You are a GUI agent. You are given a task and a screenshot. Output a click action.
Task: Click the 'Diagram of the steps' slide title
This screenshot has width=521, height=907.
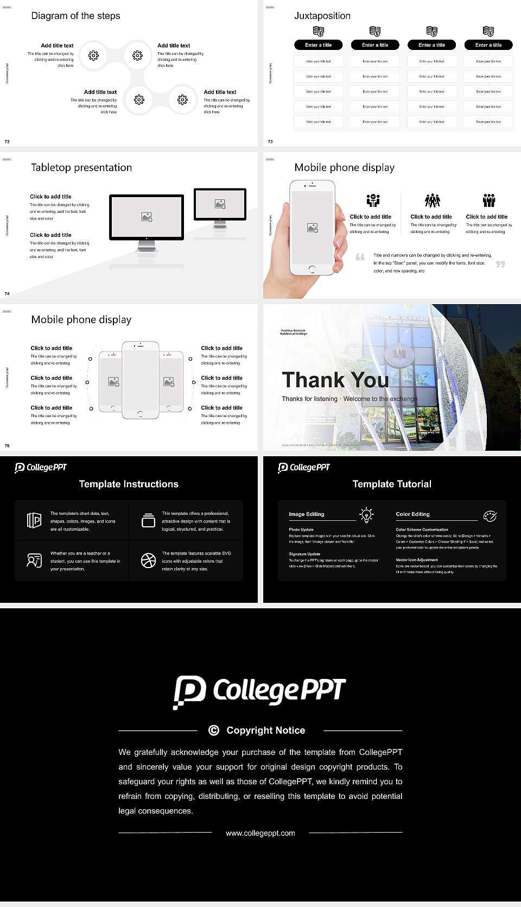(x=75, y=16)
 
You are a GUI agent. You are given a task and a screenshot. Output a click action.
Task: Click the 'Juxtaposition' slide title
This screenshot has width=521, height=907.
(x=322, y=16)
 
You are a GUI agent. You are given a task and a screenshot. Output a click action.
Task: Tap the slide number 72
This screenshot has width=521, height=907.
(x=7, y=141)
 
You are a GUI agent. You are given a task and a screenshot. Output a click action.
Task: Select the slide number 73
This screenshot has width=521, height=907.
(x=270, y=141)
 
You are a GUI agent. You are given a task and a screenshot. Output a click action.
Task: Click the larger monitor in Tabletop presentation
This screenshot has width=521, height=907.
(x=147, y=217)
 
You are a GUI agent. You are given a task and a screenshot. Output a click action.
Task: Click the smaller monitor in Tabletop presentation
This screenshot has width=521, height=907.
(x=220, y=204)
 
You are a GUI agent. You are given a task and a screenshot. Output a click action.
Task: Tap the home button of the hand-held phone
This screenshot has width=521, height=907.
(x=312, y=269)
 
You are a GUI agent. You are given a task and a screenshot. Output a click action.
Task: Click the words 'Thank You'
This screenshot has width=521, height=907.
(x=335, y=380)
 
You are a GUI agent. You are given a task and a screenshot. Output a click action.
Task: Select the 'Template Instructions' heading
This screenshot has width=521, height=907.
(x=129, y=484)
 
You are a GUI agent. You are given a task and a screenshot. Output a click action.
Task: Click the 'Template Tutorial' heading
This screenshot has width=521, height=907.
(x=392, y=484)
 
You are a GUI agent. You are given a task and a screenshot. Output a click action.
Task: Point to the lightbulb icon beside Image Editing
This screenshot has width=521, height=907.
(x=367, y=514)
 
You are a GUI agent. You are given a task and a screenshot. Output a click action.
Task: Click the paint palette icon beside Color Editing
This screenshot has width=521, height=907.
(x=490, y=515)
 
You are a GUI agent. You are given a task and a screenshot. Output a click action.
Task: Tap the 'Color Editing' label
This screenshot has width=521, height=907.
(x=412, y=514)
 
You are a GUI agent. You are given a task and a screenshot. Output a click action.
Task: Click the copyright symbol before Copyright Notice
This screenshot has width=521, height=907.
(x=214, y=730)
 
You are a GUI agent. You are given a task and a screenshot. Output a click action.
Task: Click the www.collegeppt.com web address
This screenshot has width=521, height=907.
(x=260, y=833)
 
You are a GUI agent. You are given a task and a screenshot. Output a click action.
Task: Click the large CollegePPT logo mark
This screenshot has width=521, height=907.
(x=189, y=692)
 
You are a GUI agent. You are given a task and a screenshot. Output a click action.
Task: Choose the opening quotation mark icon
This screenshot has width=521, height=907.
(x=360, y=257)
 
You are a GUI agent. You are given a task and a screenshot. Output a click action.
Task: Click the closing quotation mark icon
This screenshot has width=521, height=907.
(x=500, y=264)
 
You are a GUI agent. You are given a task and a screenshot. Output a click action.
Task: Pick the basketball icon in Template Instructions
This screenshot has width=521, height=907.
(x=148, y=560)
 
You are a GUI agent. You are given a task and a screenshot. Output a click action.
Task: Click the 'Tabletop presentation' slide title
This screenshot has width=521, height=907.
(x=81, y=167)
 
